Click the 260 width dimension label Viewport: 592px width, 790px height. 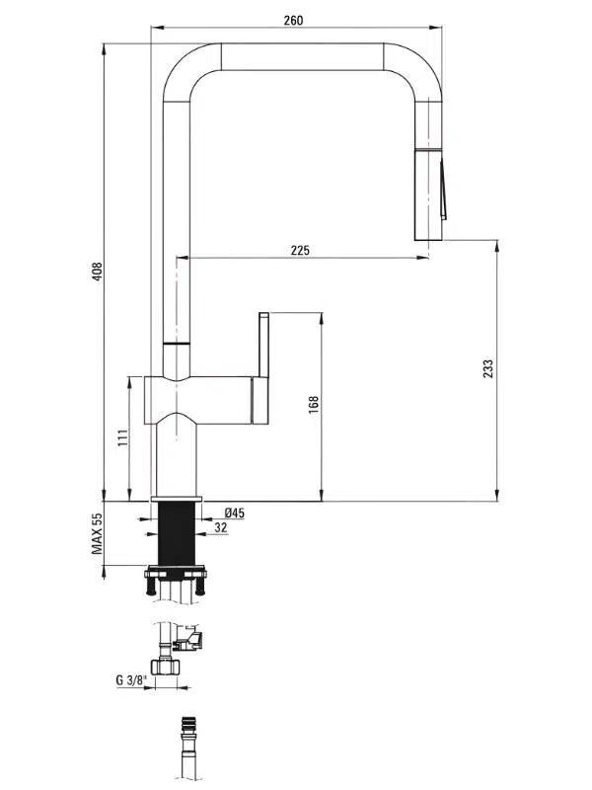tap(293, 20)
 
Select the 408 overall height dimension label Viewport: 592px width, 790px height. tap(97, 272)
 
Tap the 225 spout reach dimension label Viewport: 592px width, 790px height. tap(300, 251)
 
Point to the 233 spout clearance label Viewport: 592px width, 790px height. tap(487, 368)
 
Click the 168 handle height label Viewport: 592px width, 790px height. tap(314, 405)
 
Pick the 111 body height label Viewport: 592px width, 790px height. tap(122, 437)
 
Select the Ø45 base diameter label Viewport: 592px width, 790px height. tap(235, 513)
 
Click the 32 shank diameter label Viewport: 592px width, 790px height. tap(220, 527)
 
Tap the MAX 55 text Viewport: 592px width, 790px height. tap(97, 533)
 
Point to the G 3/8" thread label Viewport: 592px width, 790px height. tap(131, 680)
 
